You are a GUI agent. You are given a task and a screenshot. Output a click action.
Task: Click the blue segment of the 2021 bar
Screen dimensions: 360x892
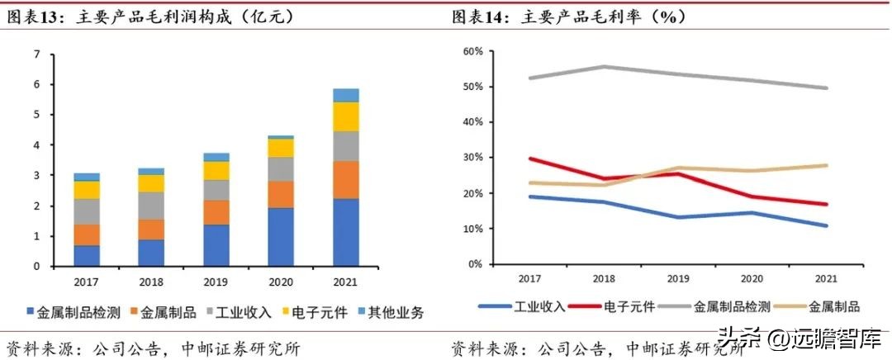pos(346,232)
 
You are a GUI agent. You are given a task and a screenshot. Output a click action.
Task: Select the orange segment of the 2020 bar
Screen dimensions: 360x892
pos(281,194)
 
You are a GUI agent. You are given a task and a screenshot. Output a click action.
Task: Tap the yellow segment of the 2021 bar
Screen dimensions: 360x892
pos(346,116)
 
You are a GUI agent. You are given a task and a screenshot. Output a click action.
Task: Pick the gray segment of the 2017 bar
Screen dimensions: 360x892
pos(87,211)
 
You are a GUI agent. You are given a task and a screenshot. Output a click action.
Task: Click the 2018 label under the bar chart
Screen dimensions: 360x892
pos(151,282)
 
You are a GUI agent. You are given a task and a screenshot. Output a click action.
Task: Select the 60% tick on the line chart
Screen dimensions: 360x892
pos(472,51)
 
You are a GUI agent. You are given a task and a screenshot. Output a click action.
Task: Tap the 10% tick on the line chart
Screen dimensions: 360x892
pos(472,229)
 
